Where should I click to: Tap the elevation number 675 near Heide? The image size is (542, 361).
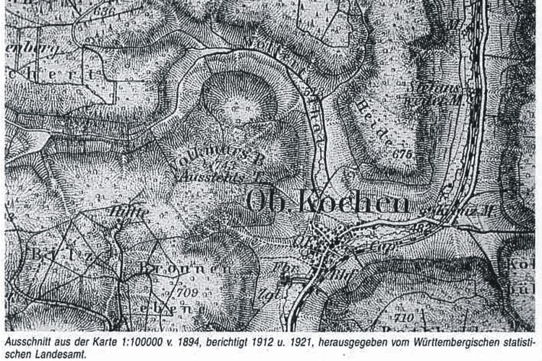402,154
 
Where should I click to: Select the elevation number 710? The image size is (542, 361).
405,316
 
